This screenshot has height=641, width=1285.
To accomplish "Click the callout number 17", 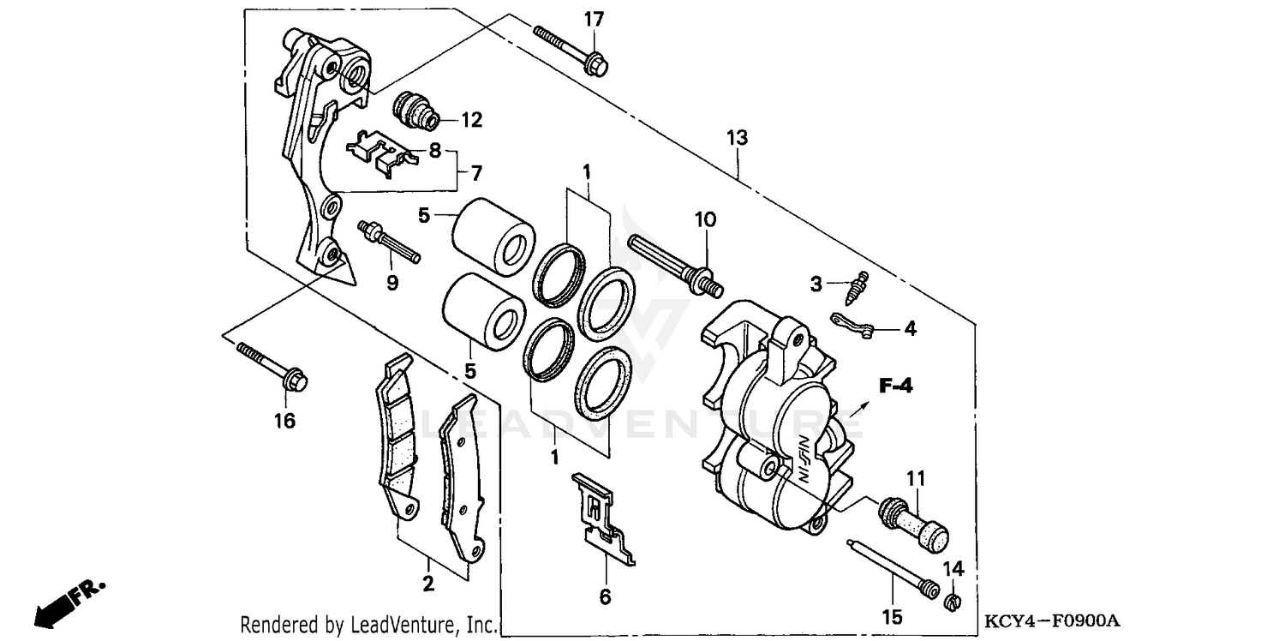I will [595, 19].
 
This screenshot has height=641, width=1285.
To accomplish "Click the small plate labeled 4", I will [852, 326].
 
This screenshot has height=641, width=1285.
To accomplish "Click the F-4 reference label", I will [895, 386].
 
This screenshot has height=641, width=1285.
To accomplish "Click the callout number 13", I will [737, 137].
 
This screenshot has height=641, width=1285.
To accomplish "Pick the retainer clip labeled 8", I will [382, 156].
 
